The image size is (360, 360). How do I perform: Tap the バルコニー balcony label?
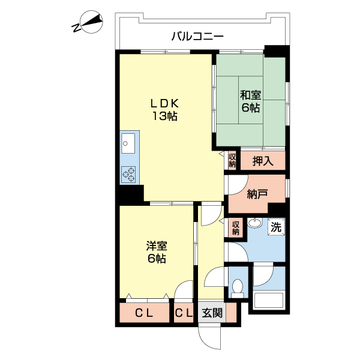pyautogui.click(x=197, y=36)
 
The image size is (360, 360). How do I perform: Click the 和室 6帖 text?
pyautogui.click(x=251, y=101)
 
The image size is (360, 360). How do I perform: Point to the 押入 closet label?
pyautogui.click(x=262, y=160)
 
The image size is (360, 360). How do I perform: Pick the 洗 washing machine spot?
pyautogui.click(x=275, y=227)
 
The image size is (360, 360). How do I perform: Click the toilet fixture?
pyautogui.click(x=238, y=288)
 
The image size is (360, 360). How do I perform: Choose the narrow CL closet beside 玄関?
pyautogui.click(x=184, y=313)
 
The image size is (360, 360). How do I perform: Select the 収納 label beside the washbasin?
pyautogui.click(x=236, y=227)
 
